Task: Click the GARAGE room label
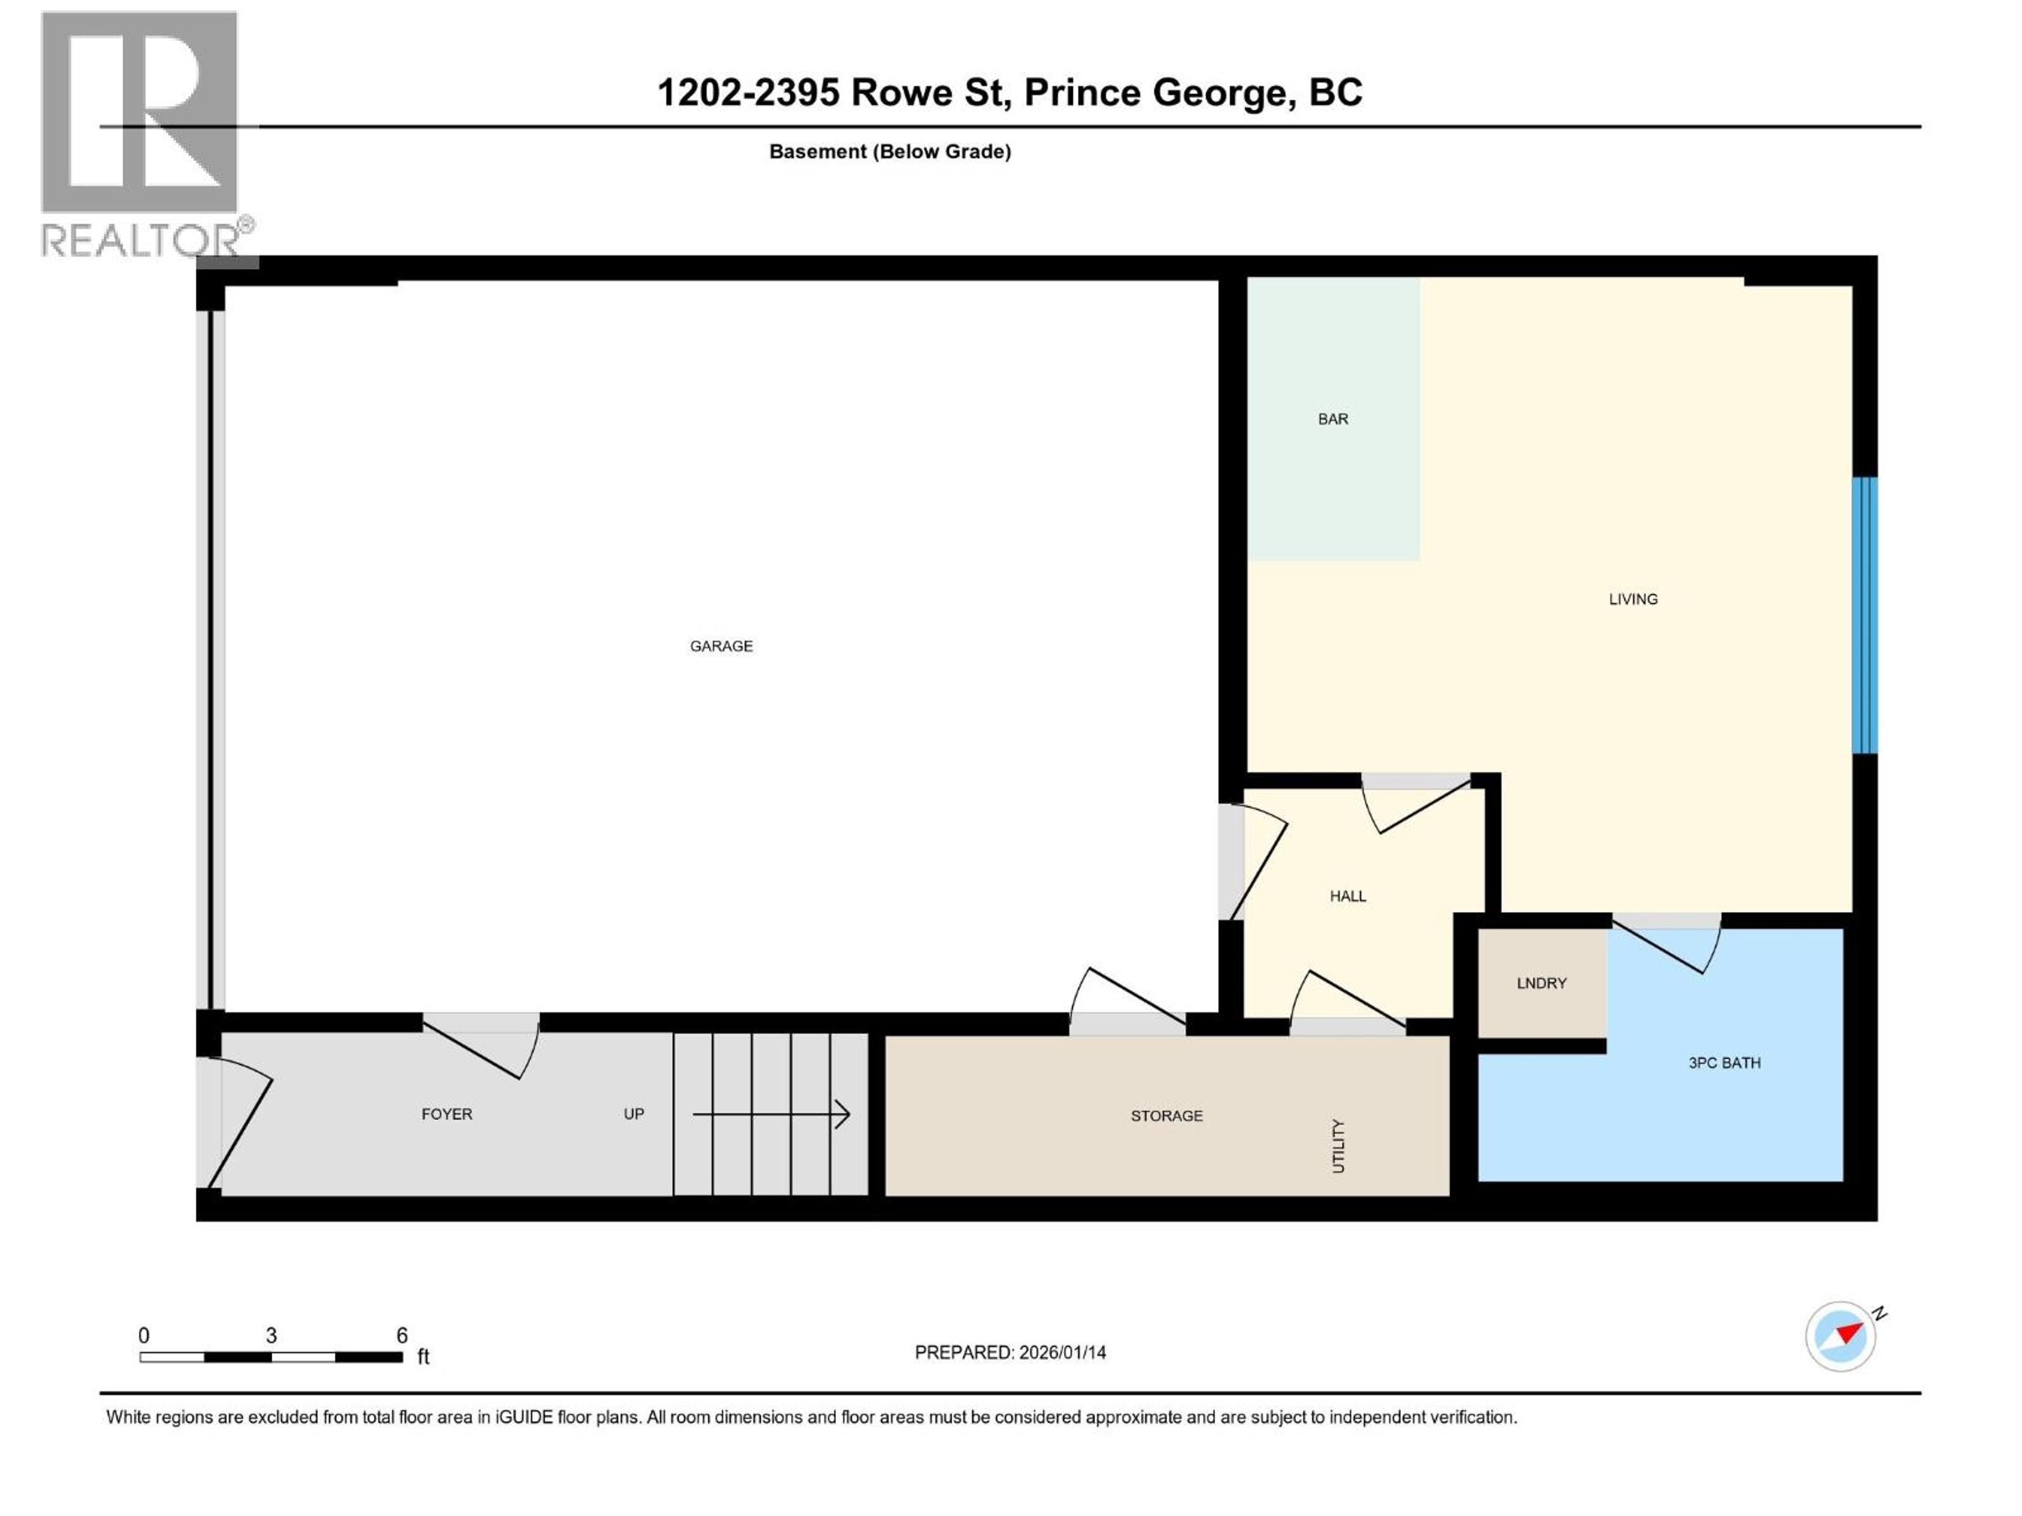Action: (x=721, y=646)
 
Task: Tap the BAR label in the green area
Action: (x=1333, y=418)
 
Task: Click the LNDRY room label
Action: (x=1541, y=983)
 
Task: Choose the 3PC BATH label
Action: (x=1724, y=1063)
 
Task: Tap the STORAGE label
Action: (x=1166, y=1116)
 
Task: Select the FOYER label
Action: (x=446, y=1114)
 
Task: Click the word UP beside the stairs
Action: (x=633, y=1114)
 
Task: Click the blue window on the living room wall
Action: (x=1864, y=615)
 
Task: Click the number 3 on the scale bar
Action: (x=272, y=1335)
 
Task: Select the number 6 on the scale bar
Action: (x=401, y=1335)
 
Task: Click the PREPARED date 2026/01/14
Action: (x=1062, y=1352)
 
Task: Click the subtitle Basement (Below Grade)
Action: (x=889, y=152)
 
